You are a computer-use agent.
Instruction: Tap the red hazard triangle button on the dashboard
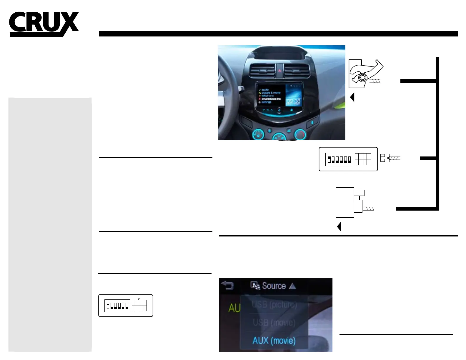279,70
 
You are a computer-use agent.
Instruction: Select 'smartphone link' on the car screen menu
271,99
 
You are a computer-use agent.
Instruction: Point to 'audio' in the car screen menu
265,89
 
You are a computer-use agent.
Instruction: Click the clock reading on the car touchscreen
293,101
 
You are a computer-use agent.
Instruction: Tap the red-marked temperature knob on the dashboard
300,134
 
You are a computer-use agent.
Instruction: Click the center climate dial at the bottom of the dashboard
279,137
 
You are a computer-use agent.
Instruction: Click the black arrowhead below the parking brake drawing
352,97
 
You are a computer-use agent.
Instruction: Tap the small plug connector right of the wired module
385,158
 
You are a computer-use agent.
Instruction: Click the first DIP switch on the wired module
329,159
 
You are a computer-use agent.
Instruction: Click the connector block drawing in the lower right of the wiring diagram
350,202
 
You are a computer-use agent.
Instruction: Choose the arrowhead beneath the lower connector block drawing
339,227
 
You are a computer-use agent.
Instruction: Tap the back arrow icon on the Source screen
227,285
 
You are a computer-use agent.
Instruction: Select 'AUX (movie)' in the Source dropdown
274,341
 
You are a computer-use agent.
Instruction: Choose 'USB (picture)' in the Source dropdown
274,304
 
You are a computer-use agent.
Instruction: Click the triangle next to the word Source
292,286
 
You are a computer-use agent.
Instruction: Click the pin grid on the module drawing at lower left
139,305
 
